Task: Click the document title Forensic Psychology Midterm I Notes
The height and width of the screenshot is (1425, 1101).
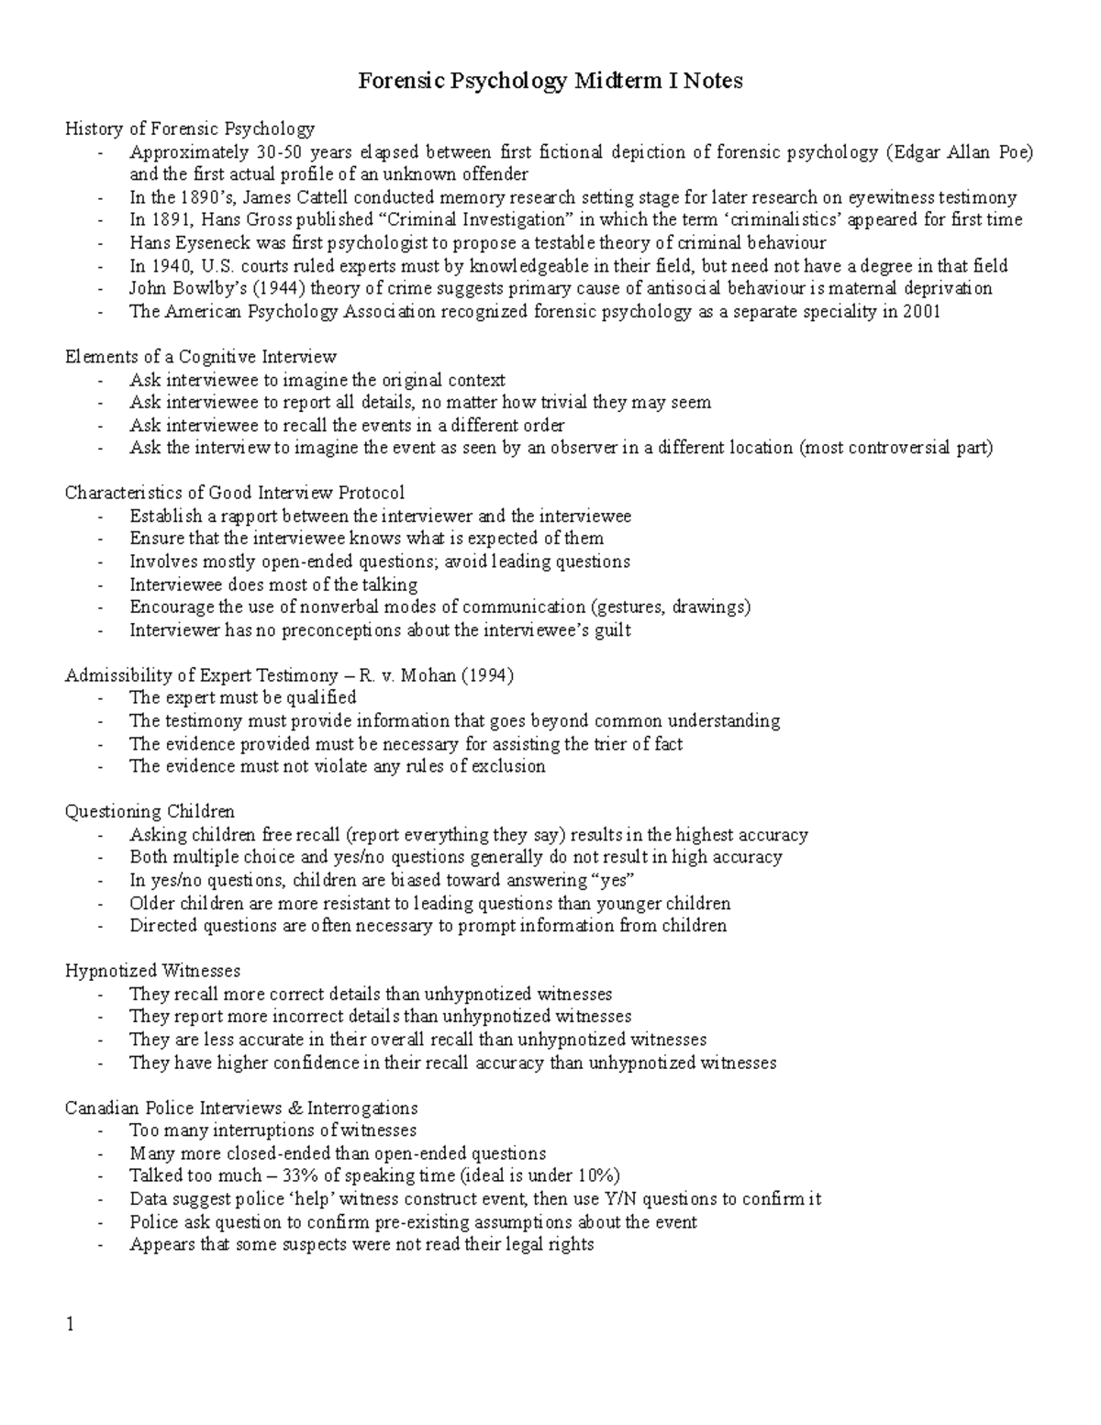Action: [x=550, y=82]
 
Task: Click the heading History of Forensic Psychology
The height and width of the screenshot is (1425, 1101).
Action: [x=189, y=128]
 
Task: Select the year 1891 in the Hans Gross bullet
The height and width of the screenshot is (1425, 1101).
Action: [x=172, y=220]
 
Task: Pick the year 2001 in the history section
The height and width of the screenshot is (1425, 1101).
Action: [x=920, y=311]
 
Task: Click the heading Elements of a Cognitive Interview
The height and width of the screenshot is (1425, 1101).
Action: [x=200, y=357]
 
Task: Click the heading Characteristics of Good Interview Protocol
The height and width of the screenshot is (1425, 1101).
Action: [x=234, y=493]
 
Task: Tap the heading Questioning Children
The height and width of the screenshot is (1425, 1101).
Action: [x=150, y=811]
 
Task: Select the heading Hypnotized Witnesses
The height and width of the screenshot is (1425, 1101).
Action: [x=152, y=971]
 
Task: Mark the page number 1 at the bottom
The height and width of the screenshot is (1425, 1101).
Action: [x=70, y=1327]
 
